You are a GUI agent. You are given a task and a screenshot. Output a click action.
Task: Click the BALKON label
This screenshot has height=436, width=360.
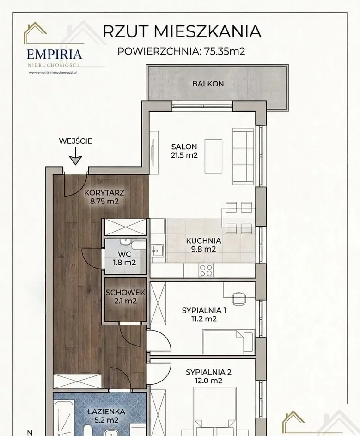click(208, 84)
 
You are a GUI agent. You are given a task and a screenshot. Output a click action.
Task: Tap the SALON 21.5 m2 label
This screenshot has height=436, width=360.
click(184, 151)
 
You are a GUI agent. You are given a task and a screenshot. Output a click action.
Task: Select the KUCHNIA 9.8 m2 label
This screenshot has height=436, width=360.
click(203, 245)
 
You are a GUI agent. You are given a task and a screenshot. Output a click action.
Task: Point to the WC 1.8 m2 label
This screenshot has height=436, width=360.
click(124, 258)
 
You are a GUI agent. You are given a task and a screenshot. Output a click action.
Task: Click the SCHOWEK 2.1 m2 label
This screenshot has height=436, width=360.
click(125, 296)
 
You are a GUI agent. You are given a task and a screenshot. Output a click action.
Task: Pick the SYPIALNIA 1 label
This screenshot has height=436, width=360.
click(204, 310)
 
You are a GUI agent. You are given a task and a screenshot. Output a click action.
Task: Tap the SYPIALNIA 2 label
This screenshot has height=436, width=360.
click(208, 372)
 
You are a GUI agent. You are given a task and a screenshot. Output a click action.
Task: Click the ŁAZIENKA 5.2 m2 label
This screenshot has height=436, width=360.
click(102, 416)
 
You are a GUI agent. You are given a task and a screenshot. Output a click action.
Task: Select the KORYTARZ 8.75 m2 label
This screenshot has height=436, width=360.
click(104, 197)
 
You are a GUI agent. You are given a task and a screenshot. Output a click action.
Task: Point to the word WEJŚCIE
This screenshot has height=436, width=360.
click(75, 141)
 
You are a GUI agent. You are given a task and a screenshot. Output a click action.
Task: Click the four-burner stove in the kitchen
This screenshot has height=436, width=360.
click(206, 270)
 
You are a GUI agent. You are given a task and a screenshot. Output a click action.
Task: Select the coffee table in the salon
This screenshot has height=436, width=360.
click(214, 156)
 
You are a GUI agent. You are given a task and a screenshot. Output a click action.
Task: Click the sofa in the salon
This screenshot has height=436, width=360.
click(243, 157)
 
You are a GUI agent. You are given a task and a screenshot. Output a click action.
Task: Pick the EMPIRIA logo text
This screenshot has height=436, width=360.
click(55, 54)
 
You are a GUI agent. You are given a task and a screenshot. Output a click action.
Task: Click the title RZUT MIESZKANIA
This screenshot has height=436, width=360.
click(182, 31)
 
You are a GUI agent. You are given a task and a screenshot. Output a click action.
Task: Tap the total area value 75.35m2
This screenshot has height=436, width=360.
click(225, 51)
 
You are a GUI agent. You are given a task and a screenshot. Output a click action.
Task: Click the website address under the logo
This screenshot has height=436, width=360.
click(53, 72)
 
